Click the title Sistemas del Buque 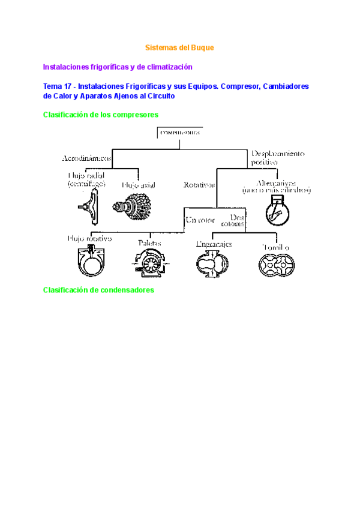(x=180, y=47)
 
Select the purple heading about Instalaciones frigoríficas (x=118, y=67)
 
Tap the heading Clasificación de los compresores (x=101, y=114)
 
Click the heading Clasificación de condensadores (x=99, y=290)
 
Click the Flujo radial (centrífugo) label (x=88, y=179)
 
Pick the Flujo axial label (x=139, y=185)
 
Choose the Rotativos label (x=199, y=185)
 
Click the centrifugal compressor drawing (x=87, y=206)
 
